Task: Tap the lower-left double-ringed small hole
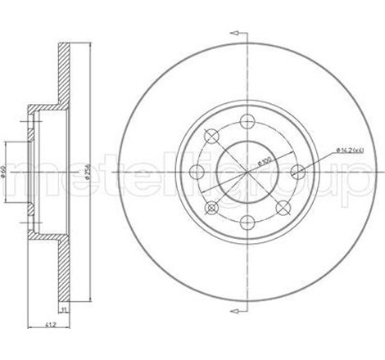(211, 205)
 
